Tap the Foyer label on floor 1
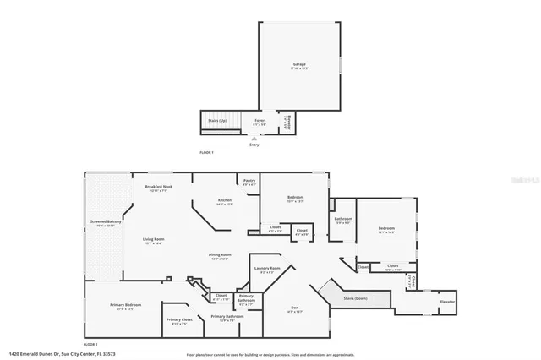point(260,122)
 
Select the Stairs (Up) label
point(217,121)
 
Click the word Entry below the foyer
point(254,145)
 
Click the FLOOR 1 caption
point(206,152)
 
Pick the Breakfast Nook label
point(159,187)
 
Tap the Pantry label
point(249,180)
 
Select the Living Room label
point(153,240)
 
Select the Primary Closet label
point(179,319)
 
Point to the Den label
point(294,308)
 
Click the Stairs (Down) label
point(355,298)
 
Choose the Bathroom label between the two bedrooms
point(342,220)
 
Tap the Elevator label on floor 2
point(447,301)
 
